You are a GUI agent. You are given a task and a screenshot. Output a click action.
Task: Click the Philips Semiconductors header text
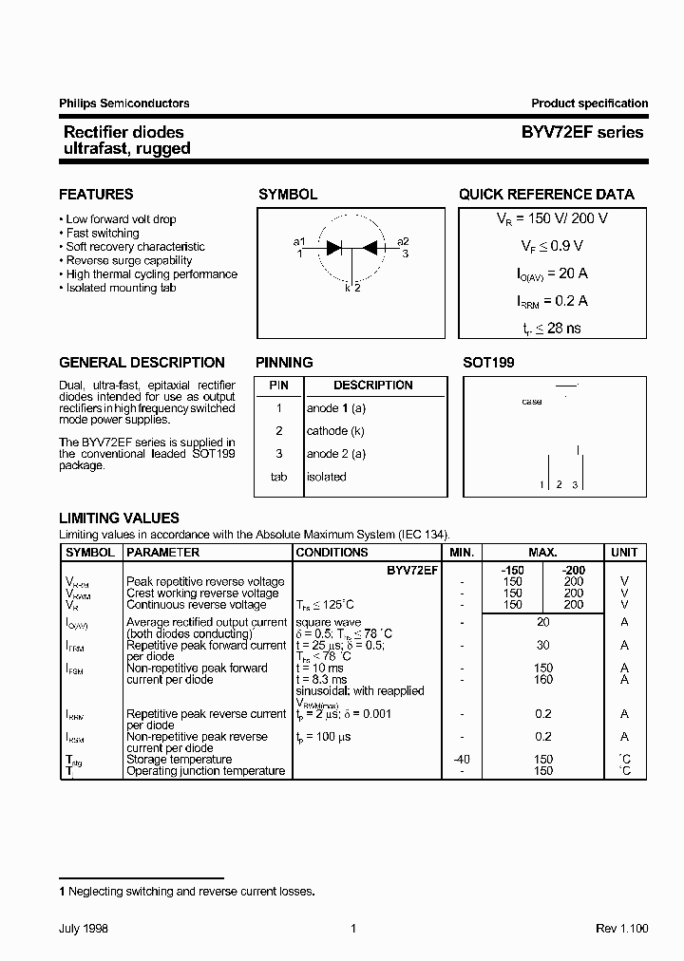point(124,104)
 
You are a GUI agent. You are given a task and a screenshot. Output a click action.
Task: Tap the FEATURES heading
point(96,195)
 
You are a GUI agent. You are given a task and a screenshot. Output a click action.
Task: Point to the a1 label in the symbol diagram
point(299,241)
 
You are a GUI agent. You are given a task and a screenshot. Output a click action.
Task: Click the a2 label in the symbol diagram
point(403,241)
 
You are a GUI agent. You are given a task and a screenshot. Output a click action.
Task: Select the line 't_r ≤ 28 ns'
point(546,328)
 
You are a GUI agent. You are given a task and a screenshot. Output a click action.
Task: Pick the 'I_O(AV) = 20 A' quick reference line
point(546,273)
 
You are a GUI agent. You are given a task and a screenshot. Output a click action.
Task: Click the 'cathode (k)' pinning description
point(335,431)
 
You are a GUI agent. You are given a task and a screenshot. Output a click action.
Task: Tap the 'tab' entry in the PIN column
point(278,477)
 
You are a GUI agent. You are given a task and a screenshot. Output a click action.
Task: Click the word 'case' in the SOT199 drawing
point(532,402)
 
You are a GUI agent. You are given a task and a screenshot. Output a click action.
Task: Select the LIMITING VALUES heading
point(119,518)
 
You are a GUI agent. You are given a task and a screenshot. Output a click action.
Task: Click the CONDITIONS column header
point(332,552)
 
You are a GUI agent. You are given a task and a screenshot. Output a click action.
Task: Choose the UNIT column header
point(624,552)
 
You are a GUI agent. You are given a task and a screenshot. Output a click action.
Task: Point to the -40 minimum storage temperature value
point(462,760)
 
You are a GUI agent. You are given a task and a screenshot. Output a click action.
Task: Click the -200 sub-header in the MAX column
point(573,570)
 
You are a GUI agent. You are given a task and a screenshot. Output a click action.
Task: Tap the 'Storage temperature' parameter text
point(179,760)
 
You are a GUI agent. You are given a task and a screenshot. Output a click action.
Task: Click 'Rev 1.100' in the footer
point(621,929)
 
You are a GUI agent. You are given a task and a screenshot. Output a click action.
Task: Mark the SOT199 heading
point(488,363)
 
